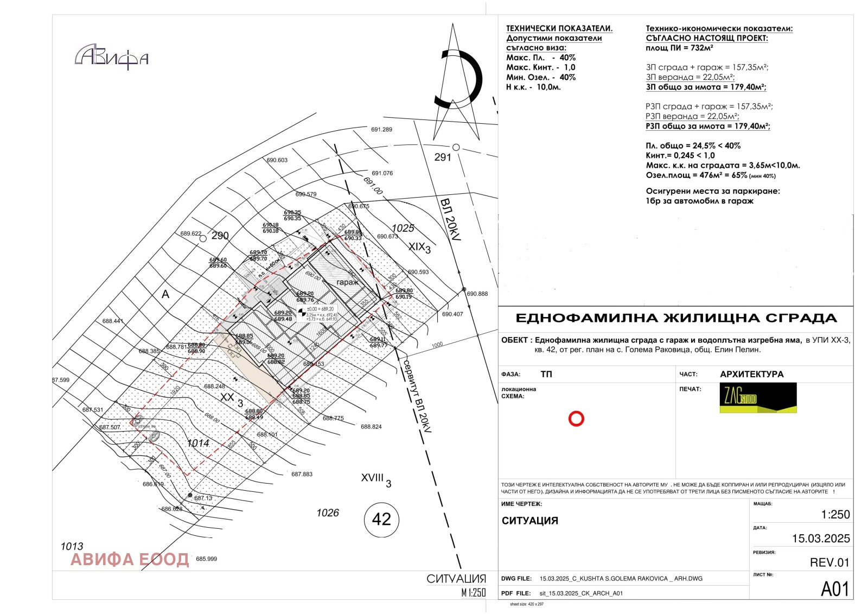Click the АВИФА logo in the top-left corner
click(x=112, y=56)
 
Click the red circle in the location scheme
click(x=576, y=419)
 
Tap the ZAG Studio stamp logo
click(x=758, y=398)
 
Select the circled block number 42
click(x=381, y=520)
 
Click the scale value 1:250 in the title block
click(x=835, y=515)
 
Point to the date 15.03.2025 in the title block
click(x=821, y=539)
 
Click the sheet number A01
click(x=834, y=589)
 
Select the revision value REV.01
click(x=829, y=562)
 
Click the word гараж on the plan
click(x=347, y=282)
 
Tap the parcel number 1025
click(x=403, y=228)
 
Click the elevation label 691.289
click(x=381, y=130)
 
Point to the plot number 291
click(x=443, y=157)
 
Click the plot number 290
click(x=220, y=236)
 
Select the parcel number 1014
click(x=198, y=443)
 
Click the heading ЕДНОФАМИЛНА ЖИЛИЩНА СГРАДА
click(x=676, y=318)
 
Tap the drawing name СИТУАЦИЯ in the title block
click(x=529, y=521)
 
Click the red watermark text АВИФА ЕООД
click(x=130, y=559)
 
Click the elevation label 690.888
click(x=477, y=294)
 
